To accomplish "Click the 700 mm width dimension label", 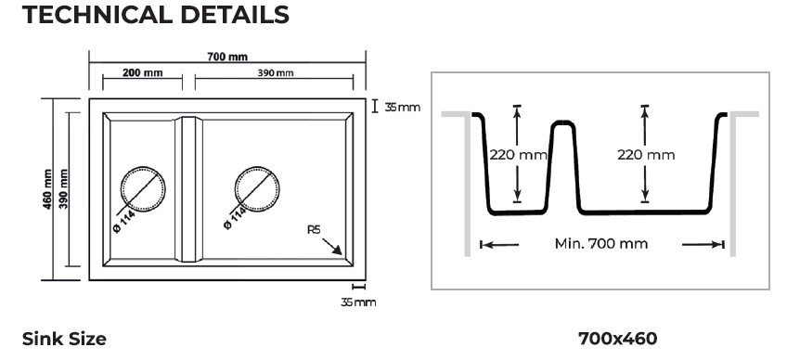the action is (x=227, y=57).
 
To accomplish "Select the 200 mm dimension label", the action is (x=143, y=72).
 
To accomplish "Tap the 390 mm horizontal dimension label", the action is (x=276, y=72).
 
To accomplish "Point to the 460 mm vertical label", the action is (x=47, y=188).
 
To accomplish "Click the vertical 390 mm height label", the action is (x=63, y=188).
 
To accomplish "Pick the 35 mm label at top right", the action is (x=403, y=107).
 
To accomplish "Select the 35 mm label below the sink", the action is (x=358, y=302).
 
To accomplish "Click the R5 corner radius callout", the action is (x=314, y=230).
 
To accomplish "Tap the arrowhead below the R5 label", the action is (x=337, y=250).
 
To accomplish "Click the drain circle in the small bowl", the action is (x=143, y=167).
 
